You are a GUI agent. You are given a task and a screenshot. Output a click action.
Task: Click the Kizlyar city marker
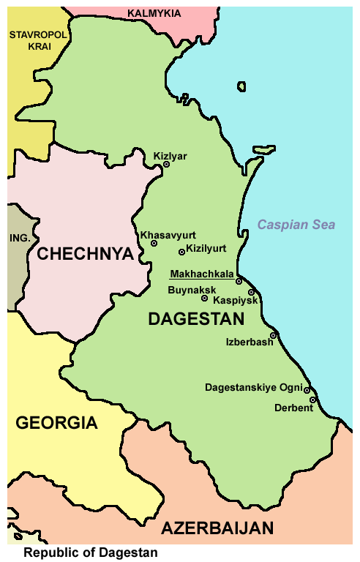pos(166,165)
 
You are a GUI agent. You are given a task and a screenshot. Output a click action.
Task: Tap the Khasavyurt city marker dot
pos(154,244)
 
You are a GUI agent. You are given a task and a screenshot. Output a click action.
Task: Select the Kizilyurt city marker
pos(181,252)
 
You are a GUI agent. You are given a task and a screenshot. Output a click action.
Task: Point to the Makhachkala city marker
pos(239,281)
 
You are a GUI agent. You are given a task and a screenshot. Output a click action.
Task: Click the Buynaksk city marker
pos(204,299)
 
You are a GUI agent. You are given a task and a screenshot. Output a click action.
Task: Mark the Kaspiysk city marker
pos(251,293)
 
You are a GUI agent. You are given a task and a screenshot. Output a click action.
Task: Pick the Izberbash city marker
pos(273,336)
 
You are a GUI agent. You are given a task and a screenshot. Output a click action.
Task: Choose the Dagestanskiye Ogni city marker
pos(307,390)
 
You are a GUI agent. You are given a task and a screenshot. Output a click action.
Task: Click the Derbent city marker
pos(312,400)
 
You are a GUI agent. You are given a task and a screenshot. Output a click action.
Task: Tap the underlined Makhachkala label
pos(201,275)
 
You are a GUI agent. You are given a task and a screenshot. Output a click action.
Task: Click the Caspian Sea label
pos(301,225)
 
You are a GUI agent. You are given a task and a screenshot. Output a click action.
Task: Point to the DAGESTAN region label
pos(195,319)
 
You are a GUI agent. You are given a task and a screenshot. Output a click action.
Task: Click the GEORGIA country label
pos(56,422)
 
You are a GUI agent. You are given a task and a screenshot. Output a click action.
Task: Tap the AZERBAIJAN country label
pos(217,528)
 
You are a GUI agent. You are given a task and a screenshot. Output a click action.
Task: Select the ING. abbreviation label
pos(18,239)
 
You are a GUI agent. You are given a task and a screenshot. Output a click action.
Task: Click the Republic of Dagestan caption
pos(91,553)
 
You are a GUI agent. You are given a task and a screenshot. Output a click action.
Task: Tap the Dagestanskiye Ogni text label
pos(253,386)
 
